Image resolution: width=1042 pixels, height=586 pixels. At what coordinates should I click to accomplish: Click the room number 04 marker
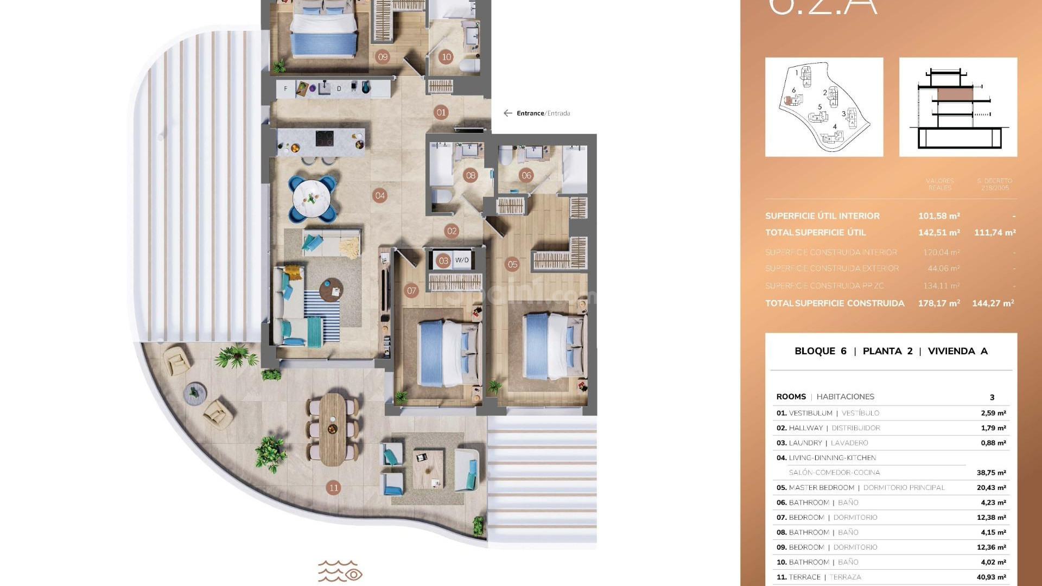coord(380,195)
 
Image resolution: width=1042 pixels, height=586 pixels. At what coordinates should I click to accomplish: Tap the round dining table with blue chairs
coord(312,199)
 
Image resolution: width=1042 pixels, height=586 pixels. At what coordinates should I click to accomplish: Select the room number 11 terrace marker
coord(334,487)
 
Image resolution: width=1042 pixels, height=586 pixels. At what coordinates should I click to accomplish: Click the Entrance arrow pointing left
coord(507,113)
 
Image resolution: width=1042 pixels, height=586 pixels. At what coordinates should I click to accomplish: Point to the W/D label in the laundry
coord(462,260)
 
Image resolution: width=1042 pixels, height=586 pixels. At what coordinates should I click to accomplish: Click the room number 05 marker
coord(512,264)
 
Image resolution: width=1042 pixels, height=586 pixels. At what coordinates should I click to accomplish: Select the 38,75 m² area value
coord(991,473)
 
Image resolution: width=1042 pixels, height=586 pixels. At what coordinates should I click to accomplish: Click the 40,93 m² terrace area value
coord(991,577)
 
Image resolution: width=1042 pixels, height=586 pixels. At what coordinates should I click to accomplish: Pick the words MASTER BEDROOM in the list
coord(821,488)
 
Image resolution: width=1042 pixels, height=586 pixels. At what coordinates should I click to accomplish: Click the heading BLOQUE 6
coord(820,351)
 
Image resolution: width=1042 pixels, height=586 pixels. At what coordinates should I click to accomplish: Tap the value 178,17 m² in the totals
coord(939,303)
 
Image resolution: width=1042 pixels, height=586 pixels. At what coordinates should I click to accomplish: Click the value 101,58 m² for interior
coord(939,216)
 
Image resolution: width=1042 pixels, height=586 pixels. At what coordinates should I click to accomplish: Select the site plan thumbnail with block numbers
coord(824,107)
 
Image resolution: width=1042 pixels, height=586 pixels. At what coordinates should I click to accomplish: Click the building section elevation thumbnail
coord(958,107)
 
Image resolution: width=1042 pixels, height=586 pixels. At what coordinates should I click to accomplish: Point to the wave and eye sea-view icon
coord(340,571)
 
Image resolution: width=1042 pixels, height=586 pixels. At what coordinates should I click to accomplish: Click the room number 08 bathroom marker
coord(471,175)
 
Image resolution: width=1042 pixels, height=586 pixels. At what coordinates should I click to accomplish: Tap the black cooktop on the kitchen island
coord(325,139)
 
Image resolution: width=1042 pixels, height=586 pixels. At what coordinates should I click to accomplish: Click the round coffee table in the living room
coord(331,290)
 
